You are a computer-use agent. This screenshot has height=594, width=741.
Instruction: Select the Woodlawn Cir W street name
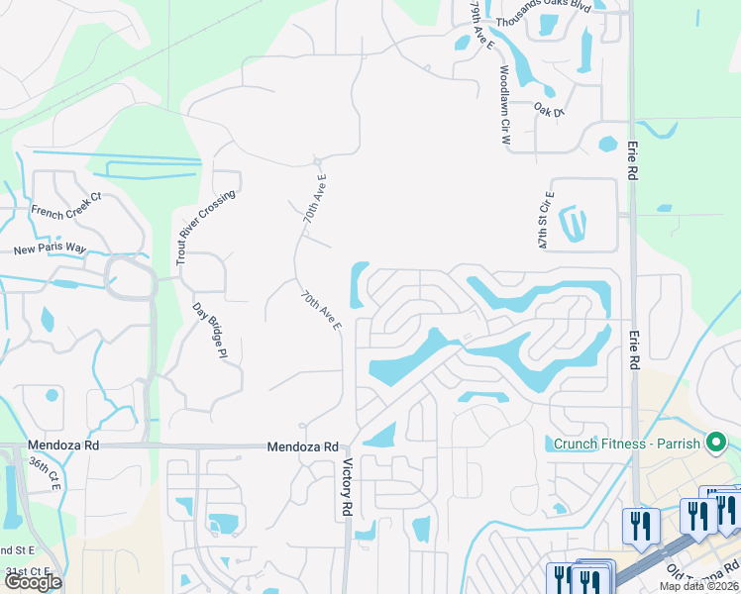(x=504, y=106)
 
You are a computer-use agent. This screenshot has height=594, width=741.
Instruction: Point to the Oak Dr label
(x=548, y=108)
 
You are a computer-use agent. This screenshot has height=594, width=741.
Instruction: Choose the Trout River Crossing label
(x=205, y=227)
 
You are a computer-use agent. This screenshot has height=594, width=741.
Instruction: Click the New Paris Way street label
(x=50, y=249)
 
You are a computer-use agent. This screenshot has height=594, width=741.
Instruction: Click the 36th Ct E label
(x=45, y=474)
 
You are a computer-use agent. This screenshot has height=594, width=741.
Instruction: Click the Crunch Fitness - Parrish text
(x=624, y=444)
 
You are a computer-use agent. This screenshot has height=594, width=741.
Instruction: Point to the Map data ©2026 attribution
(x=698, y=586)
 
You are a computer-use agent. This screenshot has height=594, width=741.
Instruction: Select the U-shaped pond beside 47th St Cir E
(x=573, y=224)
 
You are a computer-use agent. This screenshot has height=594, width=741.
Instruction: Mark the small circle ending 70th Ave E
(x=317, y=160)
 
